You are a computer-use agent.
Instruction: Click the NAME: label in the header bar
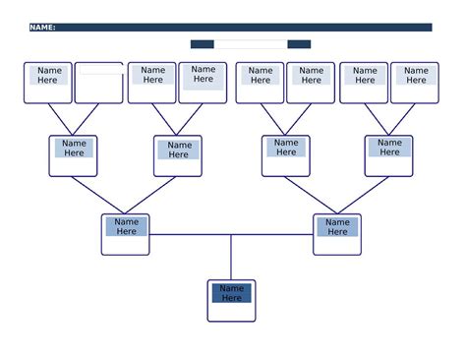42,28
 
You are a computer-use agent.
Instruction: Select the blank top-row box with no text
99,84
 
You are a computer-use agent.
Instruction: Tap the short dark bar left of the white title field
202,44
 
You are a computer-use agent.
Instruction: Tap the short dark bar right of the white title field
299,44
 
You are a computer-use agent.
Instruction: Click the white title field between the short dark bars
251,44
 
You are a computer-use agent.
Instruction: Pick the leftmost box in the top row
48,83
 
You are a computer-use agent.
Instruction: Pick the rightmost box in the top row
415,83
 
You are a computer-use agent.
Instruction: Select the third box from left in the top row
152,83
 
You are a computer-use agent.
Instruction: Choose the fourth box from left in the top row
204,83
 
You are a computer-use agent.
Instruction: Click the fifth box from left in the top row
260,83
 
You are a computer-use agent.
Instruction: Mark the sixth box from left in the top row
311,83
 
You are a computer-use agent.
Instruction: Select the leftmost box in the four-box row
74,155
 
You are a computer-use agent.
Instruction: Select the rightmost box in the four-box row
389,155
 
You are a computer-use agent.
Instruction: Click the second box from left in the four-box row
178,155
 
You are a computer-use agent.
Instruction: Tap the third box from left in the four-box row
286,155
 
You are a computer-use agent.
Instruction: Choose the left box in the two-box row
126,234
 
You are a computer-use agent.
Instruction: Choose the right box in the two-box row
337,234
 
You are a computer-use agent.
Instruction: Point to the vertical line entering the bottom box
231,258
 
